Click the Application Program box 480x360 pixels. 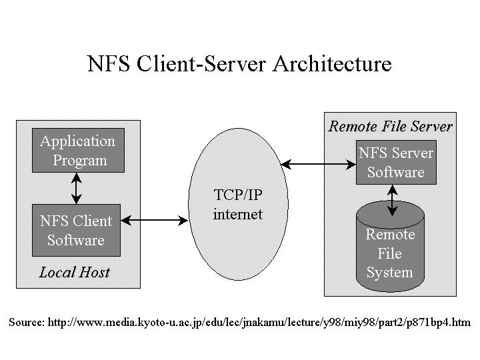[79, 151]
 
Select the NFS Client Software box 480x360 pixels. [76, 230]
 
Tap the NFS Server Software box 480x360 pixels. [395, 163]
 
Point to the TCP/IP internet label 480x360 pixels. [237, 205]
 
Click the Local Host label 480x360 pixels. [74, 272]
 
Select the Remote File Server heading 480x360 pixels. [391, 126]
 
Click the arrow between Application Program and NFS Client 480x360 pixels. [77, 188]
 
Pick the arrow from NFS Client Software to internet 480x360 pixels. [155, 219]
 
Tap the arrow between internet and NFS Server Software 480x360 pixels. [316, 163]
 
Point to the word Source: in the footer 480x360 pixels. [27, 322]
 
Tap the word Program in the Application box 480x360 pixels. [79, 161]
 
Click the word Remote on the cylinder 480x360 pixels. [390, 235]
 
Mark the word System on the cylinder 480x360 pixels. [389, 273]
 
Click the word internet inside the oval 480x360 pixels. [237, 214]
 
